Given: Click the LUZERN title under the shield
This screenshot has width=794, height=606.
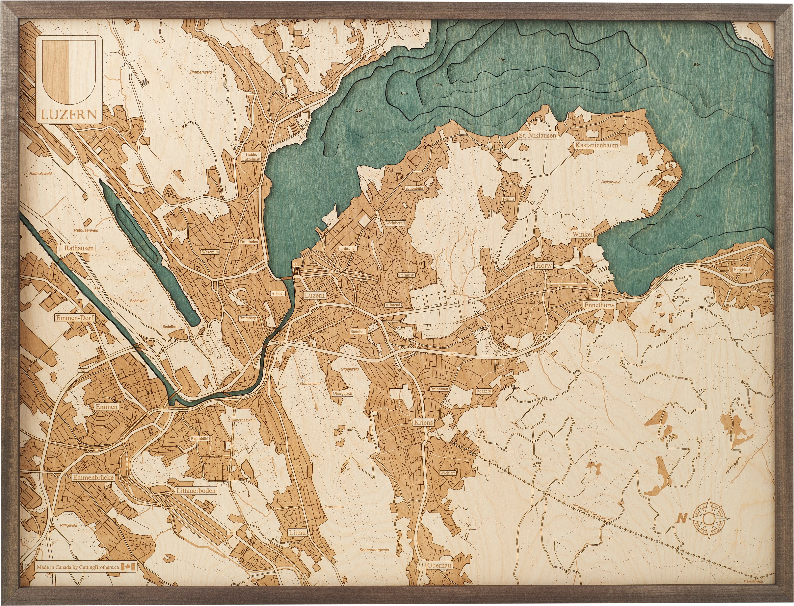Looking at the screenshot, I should tap(68, 115).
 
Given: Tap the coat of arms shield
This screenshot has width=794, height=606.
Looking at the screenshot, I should tap(68, 72).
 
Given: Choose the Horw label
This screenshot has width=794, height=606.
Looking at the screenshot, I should tap(543, 265).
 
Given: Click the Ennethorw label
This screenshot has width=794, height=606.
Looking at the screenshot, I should tap(599, 305).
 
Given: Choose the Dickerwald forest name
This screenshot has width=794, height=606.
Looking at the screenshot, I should tap(611, 182).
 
